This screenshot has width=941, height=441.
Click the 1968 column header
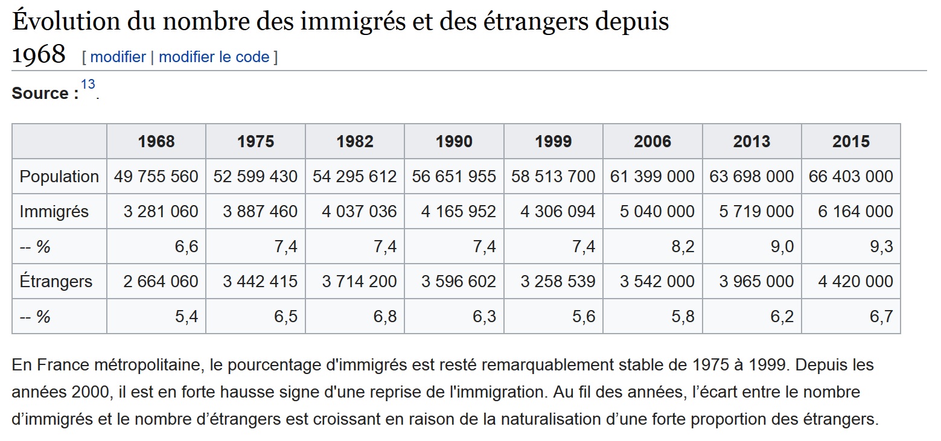tap(156, 142)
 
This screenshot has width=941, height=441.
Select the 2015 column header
tap(850, 142)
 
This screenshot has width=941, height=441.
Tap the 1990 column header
tap(454, 142)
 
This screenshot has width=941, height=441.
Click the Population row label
tap(59, 177)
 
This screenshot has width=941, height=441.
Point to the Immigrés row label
tap(54, 212)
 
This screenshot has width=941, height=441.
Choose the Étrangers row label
tap(56, 282)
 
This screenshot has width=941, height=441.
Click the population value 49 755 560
tap(156, 177)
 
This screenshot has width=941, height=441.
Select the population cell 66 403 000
tap(850, 177)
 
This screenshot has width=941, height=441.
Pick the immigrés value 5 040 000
tap(657, 212)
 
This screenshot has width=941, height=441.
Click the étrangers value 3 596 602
tap(458, 282)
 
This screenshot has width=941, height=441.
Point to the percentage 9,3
tap(881, 247)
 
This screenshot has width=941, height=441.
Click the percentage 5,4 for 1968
tap(187, 317)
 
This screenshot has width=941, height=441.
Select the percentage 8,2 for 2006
tap(683, 247)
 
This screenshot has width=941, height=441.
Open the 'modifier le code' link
tap(214, 57)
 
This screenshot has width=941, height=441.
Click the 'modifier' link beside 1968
tap(118, 57)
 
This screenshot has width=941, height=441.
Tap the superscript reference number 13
tap(88, 84)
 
